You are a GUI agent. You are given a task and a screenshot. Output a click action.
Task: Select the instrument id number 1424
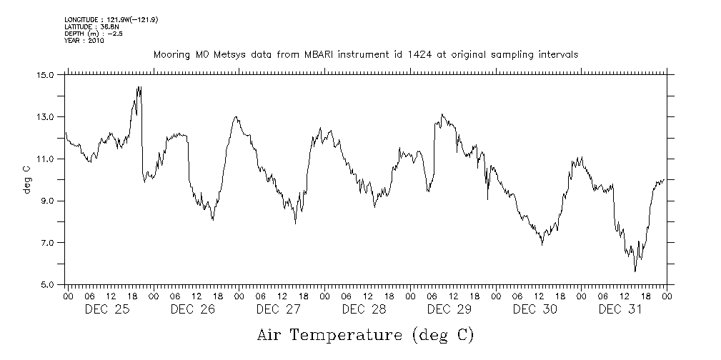425,54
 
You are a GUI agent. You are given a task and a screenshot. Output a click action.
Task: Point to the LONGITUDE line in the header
111,20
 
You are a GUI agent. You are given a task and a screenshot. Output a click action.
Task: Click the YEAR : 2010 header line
84,41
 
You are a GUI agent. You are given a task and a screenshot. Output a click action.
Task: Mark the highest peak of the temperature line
138,87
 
